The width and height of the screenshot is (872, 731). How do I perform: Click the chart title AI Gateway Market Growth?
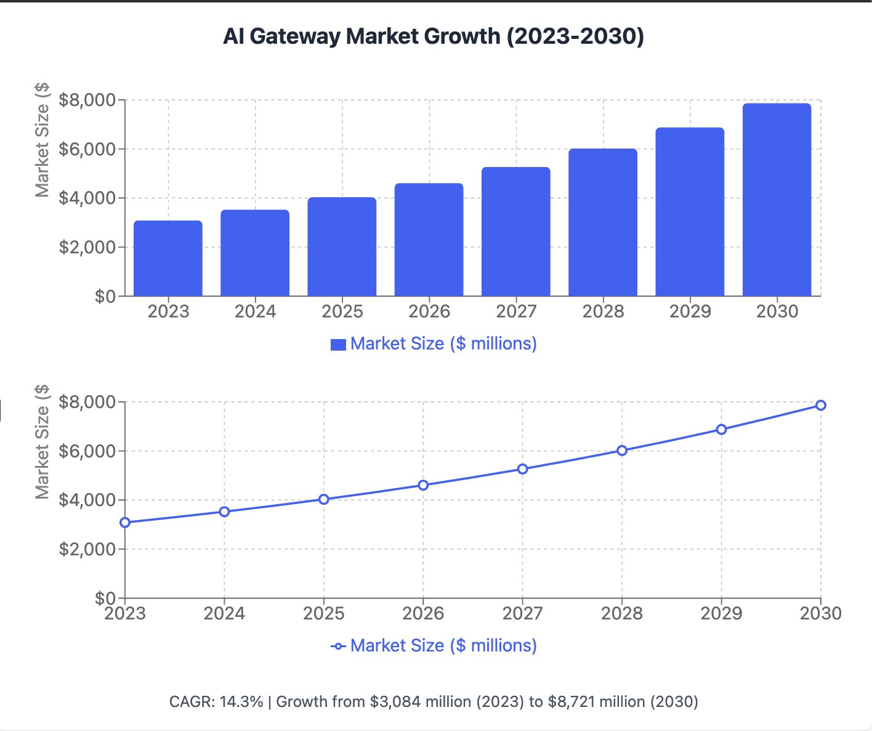coord(433,36)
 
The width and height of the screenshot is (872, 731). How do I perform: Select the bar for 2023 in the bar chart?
coord(168,259)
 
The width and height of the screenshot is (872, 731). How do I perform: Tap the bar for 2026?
coord(429,240)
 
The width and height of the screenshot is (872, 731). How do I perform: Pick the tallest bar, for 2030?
coord(777,200)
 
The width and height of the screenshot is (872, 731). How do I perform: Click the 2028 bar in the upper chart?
coord(603,223)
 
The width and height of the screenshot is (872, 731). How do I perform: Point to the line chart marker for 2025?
coord(324,499)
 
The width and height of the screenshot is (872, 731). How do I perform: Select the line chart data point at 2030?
coord(820,405)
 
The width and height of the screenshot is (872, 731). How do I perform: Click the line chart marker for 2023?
coord(125,523)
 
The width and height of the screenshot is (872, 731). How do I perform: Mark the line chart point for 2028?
coord(622,451)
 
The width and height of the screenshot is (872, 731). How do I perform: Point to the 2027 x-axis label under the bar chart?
coord(516,311)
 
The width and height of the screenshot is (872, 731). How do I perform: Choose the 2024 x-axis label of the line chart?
coord(224,613)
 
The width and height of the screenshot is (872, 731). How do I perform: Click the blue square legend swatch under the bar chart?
coord(338,345)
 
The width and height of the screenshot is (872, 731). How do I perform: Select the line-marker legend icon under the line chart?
coord(338,646)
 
